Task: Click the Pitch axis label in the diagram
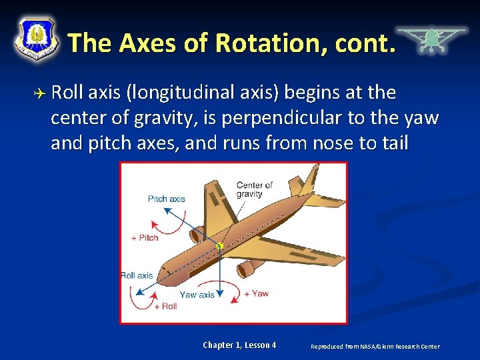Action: [x=167, y=199]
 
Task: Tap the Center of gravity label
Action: [x=255, y=189]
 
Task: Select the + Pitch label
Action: [x=145, y=238]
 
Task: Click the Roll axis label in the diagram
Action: [x=137, y=275]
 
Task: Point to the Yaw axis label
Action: [x=197, y=295]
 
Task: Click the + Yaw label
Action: [x=256, y=293]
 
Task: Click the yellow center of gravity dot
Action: [x=219, y=246]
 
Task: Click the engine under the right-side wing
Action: [x=247, y=269]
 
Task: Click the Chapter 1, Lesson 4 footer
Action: [x=239, y=345]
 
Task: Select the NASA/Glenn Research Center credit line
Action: [x=375, y=346]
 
